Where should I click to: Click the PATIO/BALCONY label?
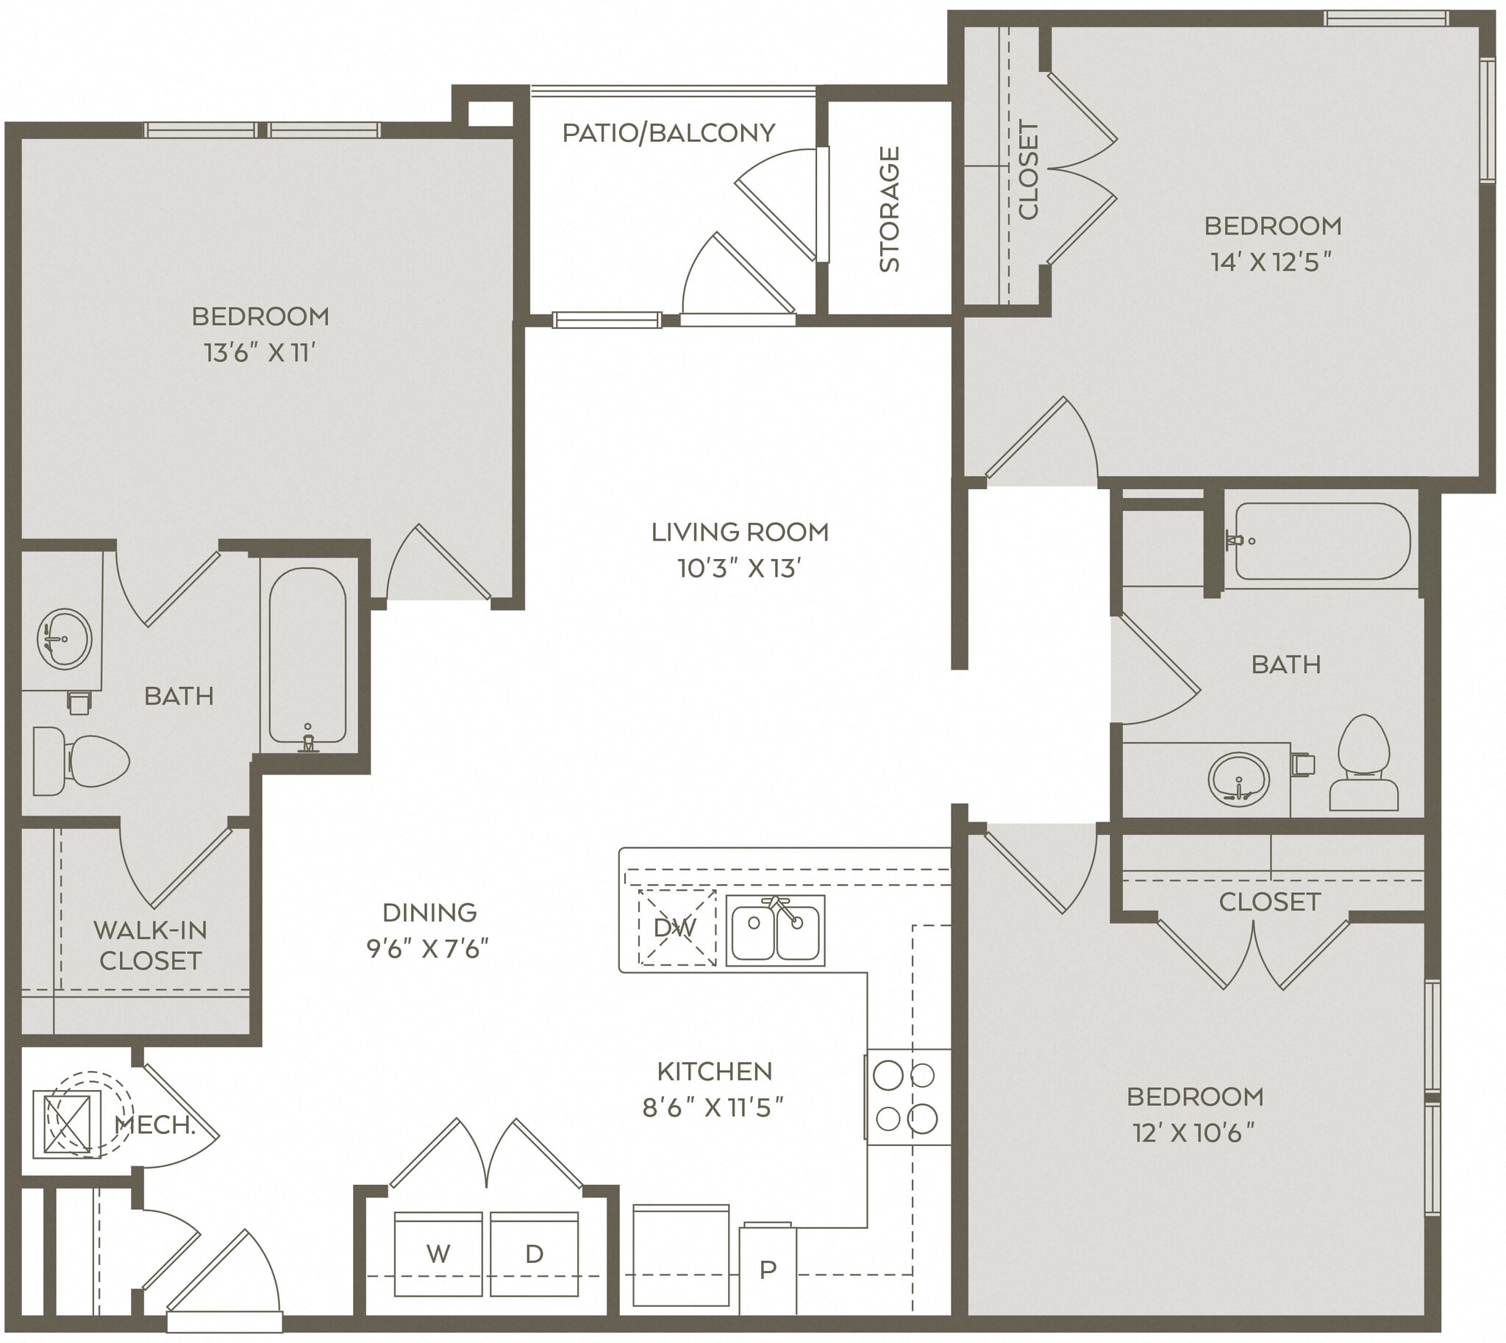pos(668,133)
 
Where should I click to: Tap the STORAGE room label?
pos(889,209)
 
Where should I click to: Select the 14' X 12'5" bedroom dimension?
pos(1271,262)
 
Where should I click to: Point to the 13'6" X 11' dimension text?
pos(260,353)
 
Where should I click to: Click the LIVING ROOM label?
pos(739,531)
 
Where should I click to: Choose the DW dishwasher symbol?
pos(676,927)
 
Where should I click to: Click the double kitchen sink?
pos(775,930)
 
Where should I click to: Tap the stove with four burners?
pos(907,1097)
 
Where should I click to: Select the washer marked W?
pos(438,1253)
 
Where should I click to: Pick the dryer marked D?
pos(534,1253)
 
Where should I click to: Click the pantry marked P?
pos(768,1269)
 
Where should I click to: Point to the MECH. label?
pos(155,1125)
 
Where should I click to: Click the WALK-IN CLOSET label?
pos(150,945)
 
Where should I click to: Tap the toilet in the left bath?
pos(81,760)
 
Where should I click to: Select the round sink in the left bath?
pos(64,638)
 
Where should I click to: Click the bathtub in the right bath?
pos(1322,541)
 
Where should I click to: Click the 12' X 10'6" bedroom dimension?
pos(1194,1133)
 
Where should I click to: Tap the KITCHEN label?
pos(714,1071)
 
